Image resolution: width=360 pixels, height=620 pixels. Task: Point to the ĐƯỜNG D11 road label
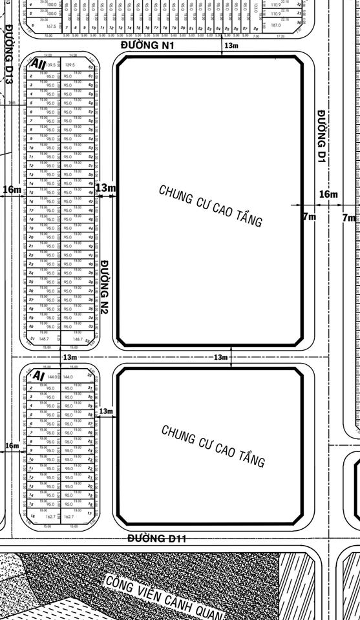tap(156, 538)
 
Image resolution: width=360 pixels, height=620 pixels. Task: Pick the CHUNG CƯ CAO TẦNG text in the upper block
tap(210, 206)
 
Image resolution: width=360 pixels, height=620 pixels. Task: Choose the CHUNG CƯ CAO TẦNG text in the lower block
tap(213, 446)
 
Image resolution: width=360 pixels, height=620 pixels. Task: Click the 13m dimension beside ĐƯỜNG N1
tap(231, 46)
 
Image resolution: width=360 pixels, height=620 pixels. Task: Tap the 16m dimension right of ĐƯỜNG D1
tap(328, 194)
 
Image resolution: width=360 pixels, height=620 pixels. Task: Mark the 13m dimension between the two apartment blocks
tap(220, 357)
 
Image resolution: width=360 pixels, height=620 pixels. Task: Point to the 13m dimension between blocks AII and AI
tap(70, 357)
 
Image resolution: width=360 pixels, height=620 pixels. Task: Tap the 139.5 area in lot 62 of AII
tap(70, 65)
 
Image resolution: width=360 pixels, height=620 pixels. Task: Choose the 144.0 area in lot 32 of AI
tap(68, 377)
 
